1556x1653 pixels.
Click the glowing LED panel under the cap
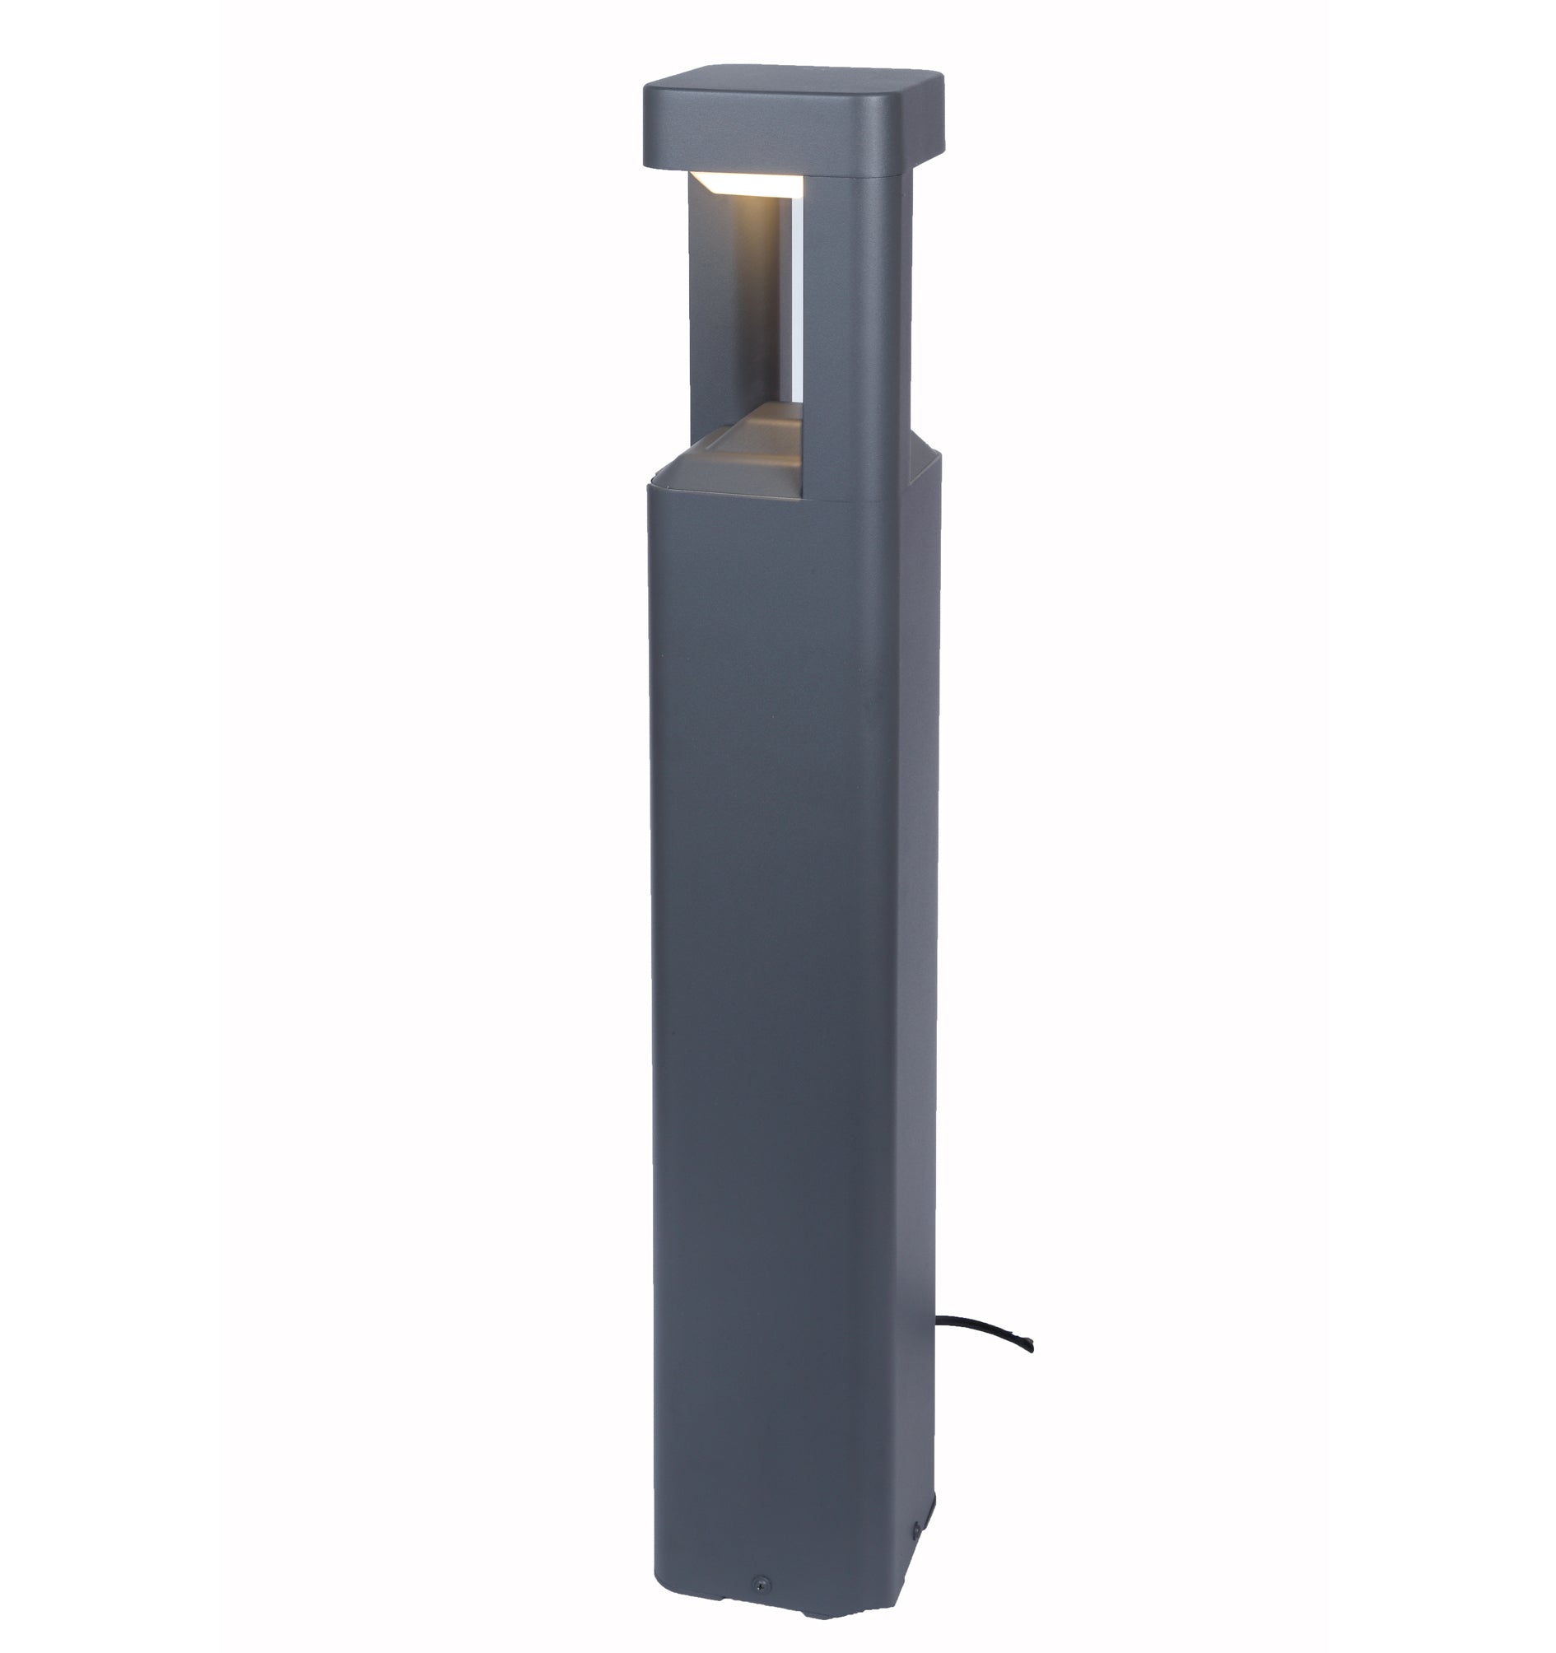point(752,184)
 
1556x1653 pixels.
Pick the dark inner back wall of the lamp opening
point(736,308)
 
